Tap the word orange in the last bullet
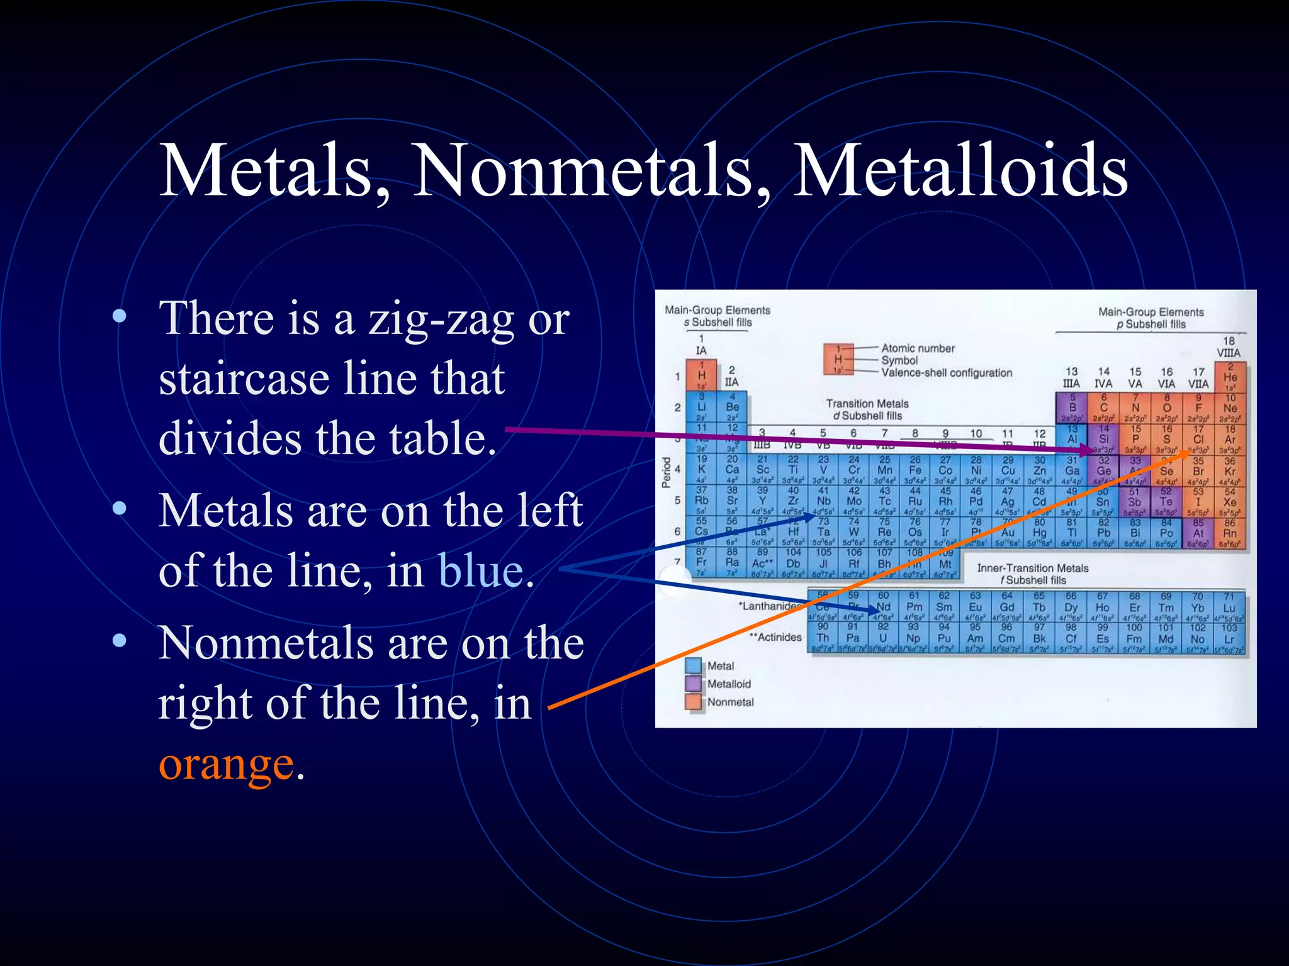(226, 764)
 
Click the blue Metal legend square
(694, 665)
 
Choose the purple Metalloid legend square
(694, 684)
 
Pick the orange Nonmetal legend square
(694, 702)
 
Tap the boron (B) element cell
(1072, 407)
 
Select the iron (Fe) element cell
(915, 470)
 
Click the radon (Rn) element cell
(1230, 533)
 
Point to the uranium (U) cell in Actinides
(883, 638)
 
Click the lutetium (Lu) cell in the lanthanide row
(1229, 608)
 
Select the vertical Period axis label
(667, 472)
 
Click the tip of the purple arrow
(1094, 450)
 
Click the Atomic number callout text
(918, 348)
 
